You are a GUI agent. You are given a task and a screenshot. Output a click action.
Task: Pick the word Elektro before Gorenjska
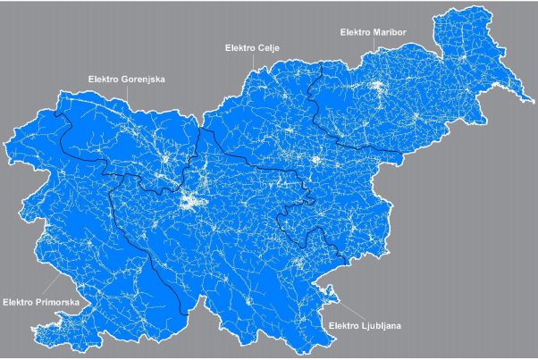tap(105, 80)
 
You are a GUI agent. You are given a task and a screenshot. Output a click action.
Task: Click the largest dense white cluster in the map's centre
tap(190, 202)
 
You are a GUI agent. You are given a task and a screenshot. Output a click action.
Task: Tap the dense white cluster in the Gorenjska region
tap(167, 161)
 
